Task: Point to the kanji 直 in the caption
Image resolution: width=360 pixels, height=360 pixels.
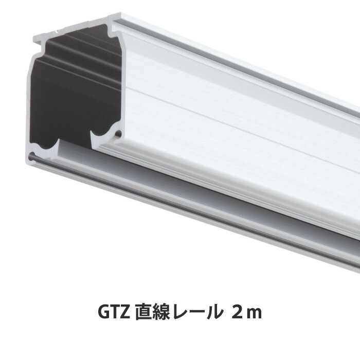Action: [145, 312]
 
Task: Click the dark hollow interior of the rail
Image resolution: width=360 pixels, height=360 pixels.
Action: [67, 93]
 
